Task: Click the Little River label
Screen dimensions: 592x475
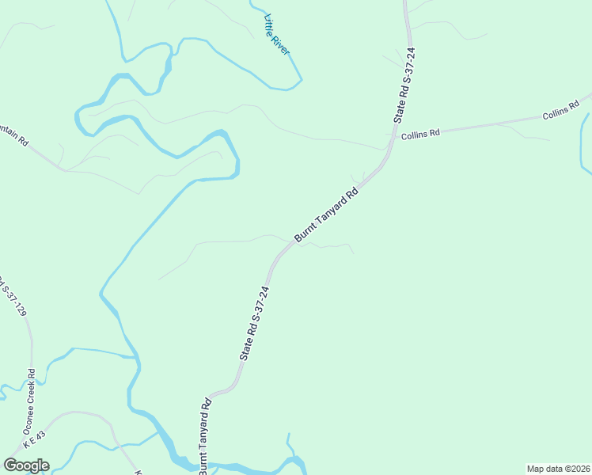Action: pyautogui.click(x=278, y=35)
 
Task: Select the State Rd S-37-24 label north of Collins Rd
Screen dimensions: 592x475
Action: pyautogui.click(x=405, y=85)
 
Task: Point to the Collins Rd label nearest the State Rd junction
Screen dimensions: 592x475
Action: pyautogui.click(x=419, y=135)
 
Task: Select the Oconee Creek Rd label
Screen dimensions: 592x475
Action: pyautogui.click(x=31, y=395)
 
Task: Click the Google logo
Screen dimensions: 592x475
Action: pyautogui.click(x=26, y=465)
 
